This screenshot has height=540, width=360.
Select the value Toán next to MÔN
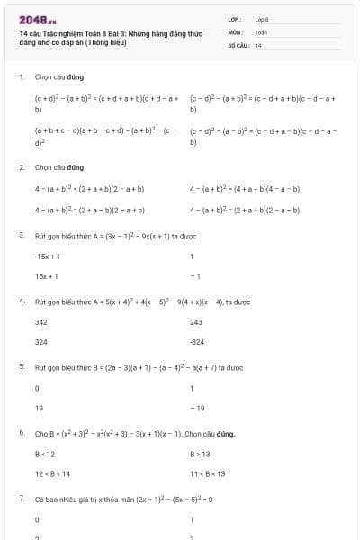[261, 31]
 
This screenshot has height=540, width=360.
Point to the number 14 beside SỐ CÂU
[258, 44]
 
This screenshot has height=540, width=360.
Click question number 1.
[21, 77]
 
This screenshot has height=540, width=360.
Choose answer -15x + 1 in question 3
[47, 256]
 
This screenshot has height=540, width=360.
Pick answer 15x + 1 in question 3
[46, 276]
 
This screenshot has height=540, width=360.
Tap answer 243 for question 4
[196, 321]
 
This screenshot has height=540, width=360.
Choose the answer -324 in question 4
[197, 342]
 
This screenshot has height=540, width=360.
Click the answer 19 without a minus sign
[39, 408]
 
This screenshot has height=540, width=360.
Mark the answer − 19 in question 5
[197, 408]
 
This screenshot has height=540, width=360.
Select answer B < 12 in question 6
[45, 454]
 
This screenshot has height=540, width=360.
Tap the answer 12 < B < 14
[52, 473]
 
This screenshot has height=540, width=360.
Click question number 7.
[21, 498]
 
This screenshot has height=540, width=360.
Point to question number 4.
[21, 301]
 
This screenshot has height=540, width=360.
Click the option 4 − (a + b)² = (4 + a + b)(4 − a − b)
[245, 189]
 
